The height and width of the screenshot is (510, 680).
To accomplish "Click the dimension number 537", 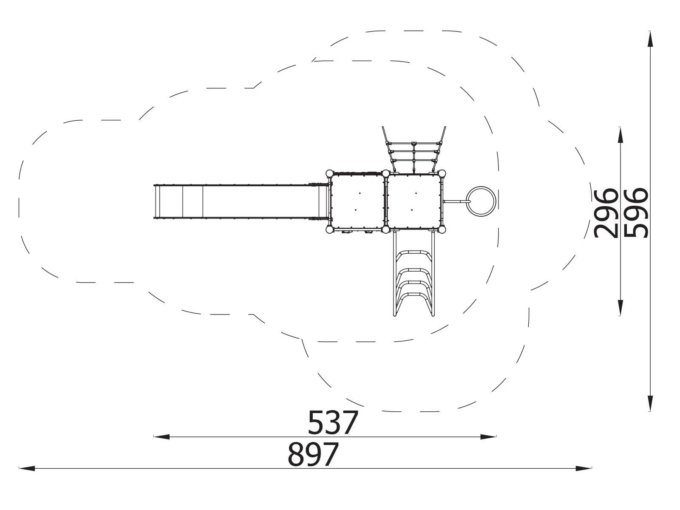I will (333, 422).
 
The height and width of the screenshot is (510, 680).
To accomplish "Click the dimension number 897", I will (313, 454).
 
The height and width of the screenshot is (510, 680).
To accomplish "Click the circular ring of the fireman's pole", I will (481, 201).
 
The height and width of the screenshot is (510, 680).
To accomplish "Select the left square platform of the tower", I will (358, 201).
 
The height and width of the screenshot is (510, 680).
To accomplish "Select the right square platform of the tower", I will (414, 201).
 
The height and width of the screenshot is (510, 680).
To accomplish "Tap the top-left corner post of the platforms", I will (329, 173).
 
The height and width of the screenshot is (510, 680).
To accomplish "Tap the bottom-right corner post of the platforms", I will (442, 230).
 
